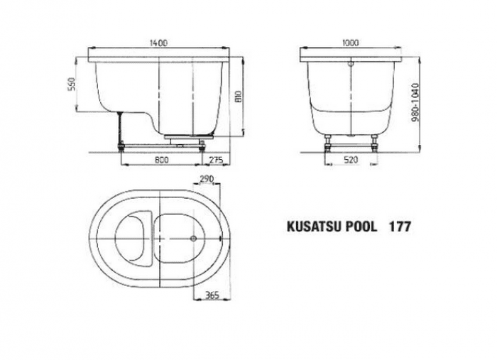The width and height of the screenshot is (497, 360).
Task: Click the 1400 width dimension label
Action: [158, 43]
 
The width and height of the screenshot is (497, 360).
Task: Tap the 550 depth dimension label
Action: [72, 84]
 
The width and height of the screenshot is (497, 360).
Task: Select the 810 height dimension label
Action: [239, 97]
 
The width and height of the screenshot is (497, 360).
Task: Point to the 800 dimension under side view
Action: [162, 160]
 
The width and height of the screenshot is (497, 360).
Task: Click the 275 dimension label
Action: [217, 160]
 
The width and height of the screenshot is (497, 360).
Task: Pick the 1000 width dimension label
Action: [351, 43]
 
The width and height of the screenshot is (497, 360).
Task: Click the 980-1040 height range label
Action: [415, 102]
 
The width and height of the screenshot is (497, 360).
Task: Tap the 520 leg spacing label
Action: [351, 160]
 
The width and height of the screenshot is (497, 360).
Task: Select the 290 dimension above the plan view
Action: [207, 179]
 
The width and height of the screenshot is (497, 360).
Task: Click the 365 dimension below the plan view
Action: [212, 295]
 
